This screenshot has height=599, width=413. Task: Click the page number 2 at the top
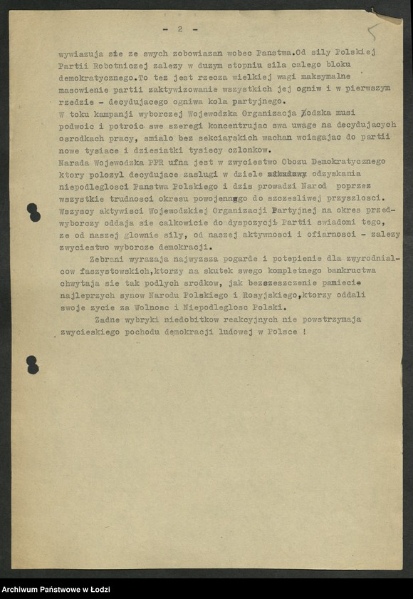coord(180,29)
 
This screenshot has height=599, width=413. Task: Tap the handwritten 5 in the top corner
coord(372,32)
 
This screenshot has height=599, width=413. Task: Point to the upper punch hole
coord(33,212)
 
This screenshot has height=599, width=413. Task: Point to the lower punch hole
coord(32,364)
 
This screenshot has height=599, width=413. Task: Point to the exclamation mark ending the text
coord(305,332)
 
